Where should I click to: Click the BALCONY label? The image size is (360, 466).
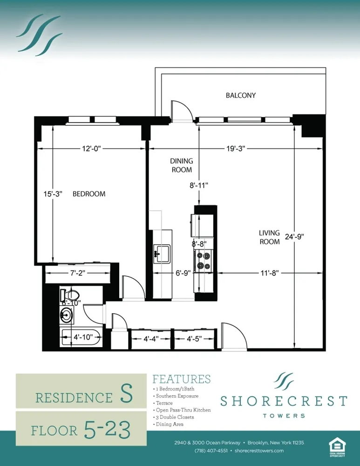tap(241, 96)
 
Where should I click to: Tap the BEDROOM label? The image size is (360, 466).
tap(89, 194)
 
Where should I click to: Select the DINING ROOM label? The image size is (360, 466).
tap(182, 165)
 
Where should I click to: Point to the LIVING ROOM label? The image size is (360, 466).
tap(270, 237)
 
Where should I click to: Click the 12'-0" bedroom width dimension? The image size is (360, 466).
tap(89, 148)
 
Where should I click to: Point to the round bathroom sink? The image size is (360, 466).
tap(66, 315)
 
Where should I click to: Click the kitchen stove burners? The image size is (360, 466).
tap(203, 260)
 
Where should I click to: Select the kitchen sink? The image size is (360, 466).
tap(162, 254)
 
